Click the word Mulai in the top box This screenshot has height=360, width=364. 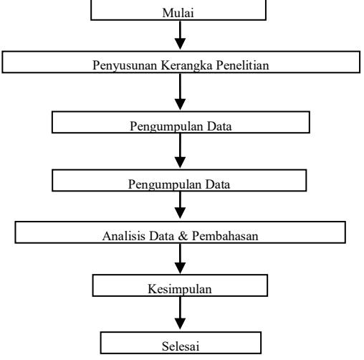[x=178, y=13]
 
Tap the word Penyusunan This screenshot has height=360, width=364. [x=125, y=65]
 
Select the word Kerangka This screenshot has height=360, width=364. [x=186, y=65]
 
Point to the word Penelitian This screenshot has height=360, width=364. [x=243, y=65]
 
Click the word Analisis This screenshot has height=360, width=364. [x=124, y=236]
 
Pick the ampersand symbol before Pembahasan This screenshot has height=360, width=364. [x=183, y=236]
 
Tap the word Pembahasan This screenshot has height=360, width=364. [x=225, y=236]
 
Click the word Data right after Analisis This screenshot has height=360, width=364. [x=162, y=236]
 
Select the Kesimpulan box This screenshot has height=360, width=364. [x=180, y=285]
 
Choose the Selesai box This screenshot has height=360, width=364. [x=181, y=343]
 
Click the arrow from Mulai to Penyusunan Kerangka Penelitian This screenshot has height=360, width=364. [x=180, y=35]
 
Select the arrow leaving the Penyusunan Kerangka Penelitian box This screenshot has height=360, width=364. [x=180, y=92]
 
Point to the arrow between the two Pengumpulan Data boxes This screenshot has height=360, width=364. [x=180, y=151]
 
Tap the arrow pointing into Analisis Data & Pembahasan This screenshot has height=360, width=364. [x=180, y=205]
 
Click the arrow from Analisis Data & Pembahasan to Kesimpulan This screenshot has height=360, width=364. [x=180, y=259]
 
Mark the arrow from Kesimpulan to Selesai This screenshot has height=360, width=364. [x=180, y=313]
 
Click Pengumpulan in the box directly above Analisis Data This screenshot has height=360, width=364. [x=165, y=185]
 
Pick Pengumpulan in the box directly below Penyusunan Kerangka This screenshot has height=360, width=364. [x=166, y=126]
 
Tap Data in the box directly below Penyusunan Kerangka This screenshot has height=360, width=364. [x=219, y=126]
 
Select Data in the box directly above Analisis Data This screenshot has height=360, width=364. [x=218, y=184]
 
